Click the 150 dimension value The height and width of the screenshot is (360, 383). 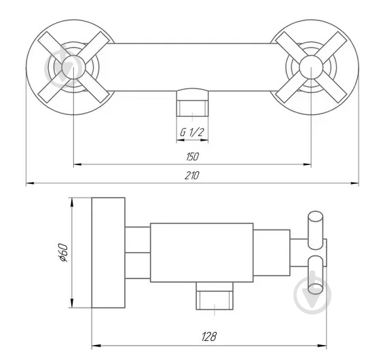[192, 157]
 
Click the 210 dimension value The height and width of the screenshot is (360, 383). [191, 175]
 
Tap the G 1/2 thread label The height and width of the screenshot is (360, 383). [191, 132]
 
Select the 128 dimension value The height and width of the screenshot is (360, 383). [209, 336]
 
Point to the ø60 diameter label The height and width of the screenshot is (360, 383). [63, 253]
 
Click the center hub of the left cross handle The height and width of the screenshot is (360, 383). [73, 67]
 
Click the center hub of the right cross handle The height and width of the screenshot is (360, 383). [311, 67]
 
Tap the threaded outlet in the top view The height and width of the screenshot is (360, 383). [192, 103]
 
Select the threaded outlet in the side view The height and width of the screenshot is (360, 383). [215, 295]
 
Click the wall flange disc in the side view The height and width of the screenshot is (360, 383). [108, 253]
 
